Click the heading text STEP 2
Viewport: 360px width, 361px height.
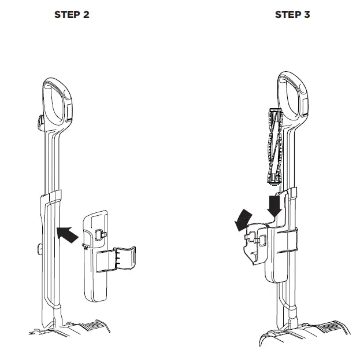72,14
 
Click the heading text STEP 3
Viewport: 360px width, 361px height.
292,14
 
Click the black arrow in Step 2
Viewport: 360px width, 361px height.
68,234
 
